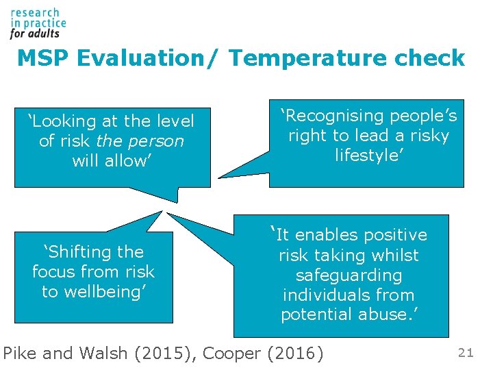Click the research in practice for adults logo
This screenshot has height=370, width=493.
click(38, 23)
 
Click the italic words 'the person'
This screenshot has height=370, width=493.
click(140, 141)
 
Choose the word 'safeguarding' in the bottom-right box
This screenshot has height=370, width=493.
click(349, 275)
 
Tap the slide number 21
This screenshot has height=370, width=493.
click(466, 353)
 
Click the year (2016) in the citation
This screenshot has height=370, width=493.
click(296, 354)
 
